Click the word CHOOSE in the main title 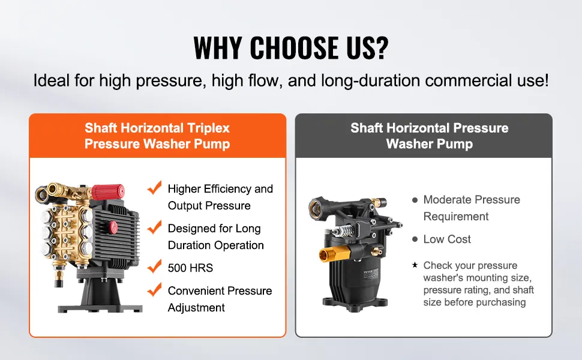(x=295, y=47)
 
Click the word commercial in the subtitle (x=469, y=80)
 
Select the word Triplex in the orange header (x=208, y=128)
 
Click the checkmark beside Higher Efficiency (x=154, y=187)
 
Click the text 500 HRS (x=190, y=268)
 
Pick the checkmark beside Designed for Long (x=154, y=227)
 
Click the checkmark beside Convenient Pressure (x=154, y=289)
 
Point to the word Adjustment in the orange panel (x=196, y=308)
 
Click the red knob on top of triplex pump (x=108, y=192)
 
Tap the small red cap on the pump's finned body (x=113, y=227)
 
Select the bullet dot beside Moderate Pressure (x=415, y=200)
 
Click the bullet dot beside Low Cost (x=415, y=239)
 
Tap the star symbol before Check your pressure (x=415, y=265)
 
